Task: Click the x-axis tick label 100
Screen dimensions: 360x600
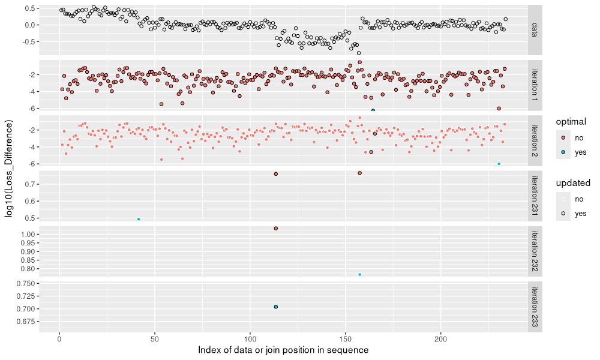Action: [x=250, y=339]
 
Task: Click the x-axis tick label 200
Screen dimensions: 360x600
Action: [x=441, y=339]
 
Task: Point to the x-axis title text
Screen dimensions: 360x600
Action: [x=283, y=350]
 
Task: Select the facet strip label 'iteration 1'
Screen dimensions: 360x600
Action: [x=535, y=85]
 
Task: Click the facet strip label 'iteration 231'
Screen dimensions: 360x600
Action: [x=535, y=196]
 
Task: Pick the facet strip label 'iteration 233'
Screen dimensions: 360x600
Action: [x=535, y=306]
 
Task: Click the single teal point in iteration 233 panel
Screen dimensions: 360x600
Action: [x=276, y=307]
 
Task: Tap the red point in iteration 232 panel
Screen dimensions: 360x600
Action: [x=276, y=229]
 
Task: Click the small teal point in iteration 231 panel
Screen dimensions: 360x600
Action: [x=139, y=219]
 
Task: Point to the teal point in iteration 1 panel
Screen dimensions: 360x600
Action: [x=373, y=110]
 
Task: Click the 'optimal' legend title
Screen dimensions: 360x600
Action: [x=571, y=121]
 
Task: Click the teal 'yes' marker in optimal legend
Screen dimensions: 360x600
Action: [x=564, y=152]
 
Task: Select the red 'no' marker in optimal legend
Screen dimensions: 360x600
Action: [x=564, y=137]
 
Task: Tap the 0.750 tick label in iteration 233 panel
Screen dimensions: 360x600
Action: [x=27, y=284]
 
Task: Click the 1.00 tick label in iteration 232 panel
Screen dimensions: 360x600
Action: [x=29, y=235]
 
